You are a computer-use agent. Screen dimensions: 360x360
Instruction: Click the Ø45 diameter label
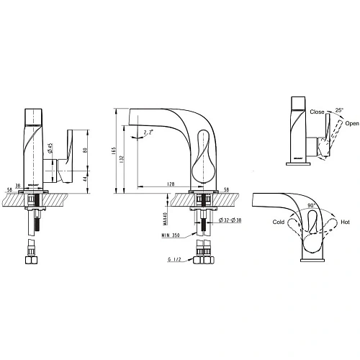coord(50,151)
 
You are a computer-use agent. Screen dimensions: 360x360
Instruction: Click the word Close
coord(317,113)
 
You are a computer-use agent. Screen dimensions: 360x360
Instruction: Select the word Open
coord(351,123)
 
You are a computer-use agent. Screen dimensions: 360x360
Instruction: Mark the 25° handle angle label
coord(339,110)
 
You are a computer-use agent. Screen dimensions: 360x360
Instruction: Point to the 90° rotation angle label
coord(311,204)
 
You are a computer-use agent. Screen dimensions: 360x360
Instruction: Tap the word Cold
coord(278,222)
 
